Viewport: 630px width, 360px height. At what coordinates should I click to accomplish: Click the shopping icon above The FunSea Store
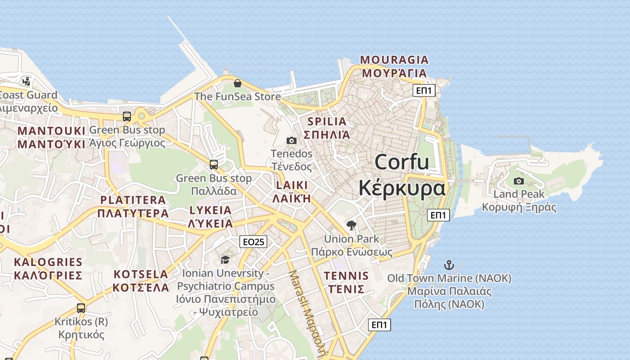tap(238, 83)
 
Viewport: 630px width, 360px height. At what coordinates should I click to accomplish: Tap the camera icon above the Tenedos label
tap(292, 140)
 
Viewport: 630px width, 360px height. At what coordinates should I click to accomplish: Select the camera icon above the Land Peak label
tap(519, 181)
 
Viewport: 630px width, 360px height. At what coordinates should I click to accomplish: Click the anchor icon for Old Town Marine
tap(449, 265)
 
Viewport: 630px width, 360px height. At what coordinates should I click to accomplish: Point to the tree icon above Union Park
tap(351, 225)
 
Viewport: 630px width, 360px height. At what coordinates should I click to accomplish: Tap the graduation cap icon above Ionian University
tap(225, 260)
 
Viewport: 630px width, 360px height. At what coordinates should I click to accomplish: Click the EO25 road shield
tap(253, 242)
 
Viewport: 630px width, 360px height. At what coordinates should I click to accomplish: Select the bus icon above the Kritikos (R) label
tap(81, 308)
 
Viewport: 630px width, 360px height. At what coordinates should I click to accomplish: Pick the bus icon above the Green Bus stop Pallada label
tap(214, 165)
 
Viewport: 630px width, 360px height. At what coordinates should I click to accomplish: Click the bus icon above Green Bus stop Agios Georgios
tap(127, 117)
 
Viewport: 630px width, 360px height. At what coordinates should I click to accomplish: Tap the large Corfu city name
tap(402, 175)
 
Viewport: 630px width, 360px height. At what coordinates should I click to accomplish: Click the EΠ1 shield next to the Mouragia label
tap(424, 90)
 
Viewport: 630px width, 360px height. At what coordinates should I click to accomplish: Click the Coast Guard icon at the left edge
tap(27, 81)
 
